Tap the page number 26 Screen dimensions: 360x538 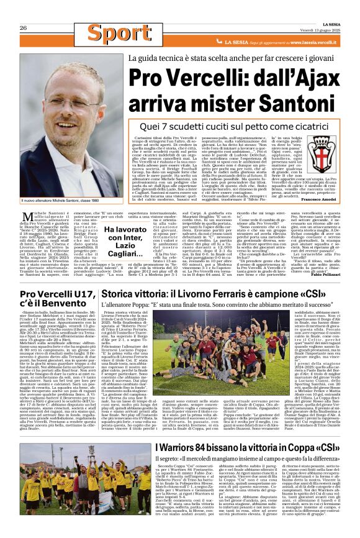click(x=23, y=28)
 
